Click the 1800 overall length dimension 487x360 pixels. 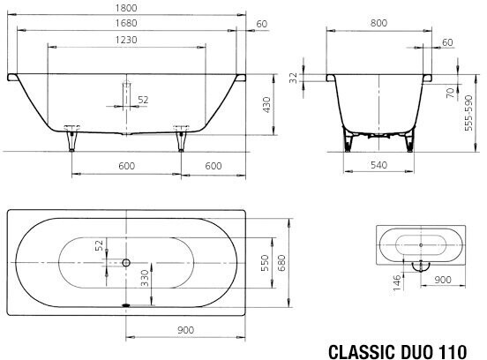pyautogui.click(x=126, y=8)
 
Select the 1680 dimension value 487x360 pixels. pyautogui.click(x=126, y=23)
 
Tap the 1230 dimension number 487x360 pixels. pyautogui.click(x=126, y=40)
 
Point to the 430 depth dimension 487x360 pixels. pyautogui.click(x=266, y=105)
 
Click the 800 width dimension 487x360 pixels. pyautogui.click(x=378, y=23)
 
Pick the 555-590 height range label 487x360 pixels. pyautogui.click(x=468, y=113)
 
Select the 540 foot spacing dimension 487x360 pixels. pyautogui.click(x=378, y=165)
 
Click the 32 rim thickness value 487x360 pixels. pyautogui.click(x=293, y=78)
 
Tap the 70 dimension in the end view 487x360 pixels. pyautogui.click(x=450, y=93)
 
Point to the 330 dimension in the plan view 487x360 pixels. pyautogui.click(x=145, y=278)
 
